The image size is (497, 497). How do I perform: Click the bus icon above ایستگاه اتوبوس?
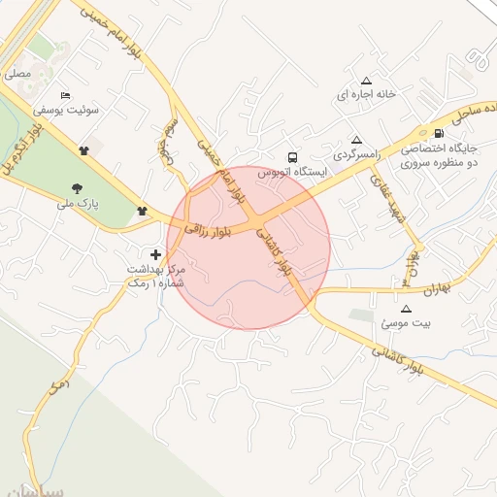pyautogui.click(x=292, y=157)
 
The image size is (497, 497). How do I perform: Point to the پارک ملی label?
pyautogui.click(x=78, y=204)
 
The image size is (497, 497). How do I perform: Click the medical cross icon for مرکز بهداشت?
pyautogui.click(x=156, y=253)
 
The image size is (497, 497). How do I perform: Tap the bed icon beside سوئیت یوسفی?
pyautogui.click(x=65, y=95)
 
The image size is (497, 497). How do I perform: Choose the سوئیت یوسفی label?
pyautogui.click(x=66, y=110)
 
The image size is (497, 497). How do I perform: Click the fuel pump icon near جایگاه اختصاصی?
pyautogui.click(x=439, y=133)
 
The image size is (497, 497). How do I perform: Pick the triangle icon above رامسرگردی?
pyautogui.click(x=356, y=139)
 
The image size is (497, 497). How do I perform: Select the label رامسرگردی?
pyautogui.click(x=356, y=154)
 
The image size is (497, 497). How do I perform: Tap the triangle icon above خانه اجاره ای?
pyautogui.click(x=366, y=81)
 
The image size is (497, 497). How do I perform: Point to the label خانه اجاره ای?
pyautogui.click(x=366, y=95)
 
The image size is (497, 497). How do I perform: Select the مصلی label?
pyautogui.click(x=17, y=73)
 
